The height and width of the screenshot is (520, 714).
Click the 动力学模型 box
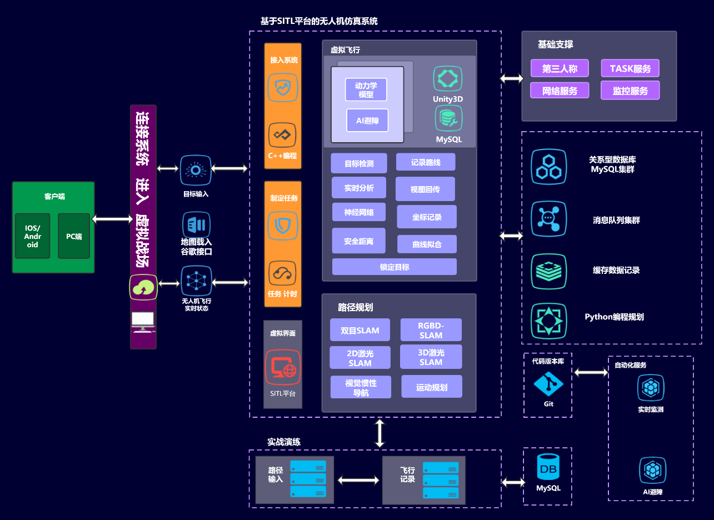(366, 89)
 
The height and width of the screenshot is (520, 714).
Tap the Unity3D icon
(448, 78)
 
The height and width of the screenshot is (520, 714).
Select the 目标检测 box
(359, 163)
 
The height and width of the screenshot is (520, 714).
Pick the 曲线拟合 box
(427, 244)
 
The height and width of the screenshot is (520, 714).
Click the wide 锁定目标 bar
(395, 267)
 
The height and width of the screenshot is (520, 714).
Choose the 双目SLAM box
(360, 330)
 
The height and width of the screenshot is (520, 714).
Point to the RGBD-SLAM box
(431, 330)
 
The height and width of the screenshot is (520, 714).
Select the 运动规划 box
(432, 387)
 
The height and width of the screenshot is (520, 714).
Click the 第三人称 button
(560, 69)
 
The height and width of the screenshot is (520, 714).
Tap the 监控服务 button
(630, 91)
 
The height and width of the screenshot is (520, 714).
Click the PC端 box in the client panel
(74, 236)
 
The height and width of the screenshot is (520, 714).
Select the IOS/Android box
(32, 236)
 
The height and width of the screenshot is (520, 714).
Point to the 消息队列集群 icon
(548, 219)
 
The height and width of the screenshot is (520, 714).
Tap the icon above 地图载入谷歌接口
(196, 225)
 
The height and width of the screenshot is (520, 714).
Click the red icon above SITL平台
(283, 367)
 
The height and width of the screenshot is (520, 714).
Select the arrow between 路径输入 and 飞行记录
(358, 480)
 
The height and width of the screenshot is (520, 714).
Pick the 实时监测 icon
(651, 388)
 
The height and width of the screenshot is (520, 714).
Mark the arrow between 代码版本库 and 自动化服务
(591, 372)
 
